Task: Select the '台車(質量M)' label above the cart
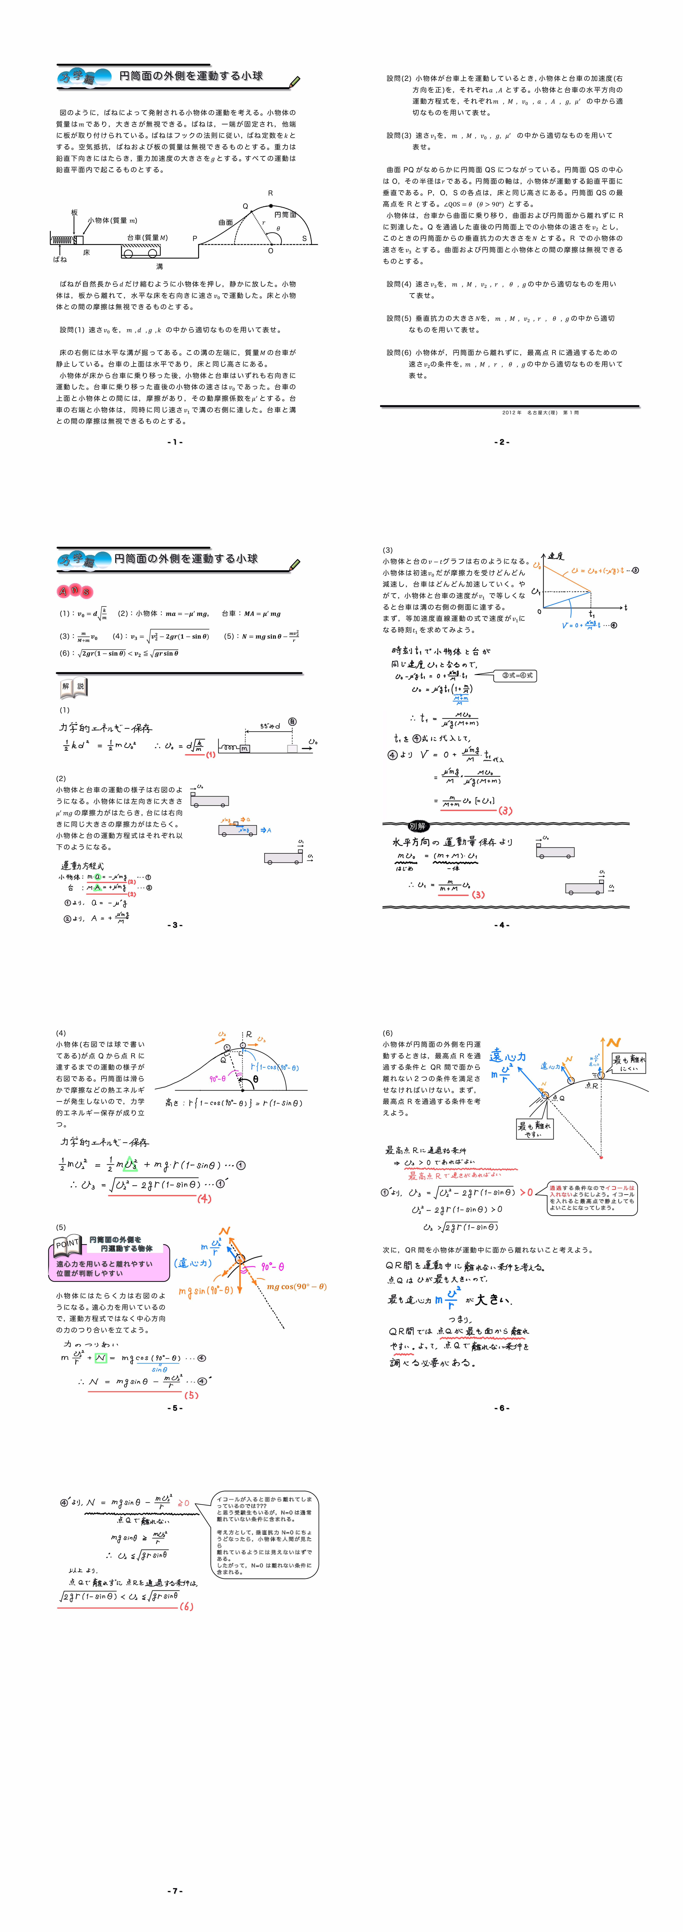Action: (147, 238)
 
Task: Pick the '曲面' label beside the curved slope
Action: (226, 223)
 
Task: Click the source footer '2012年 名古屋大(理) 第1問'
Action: (540, 412)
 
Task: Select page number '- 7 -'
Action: (175, 1891)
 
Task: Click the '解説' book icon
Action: (73, 686)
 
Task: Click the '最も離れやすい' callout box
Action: (534, 1130)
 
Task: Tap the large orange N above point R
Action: (613, 1043)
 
